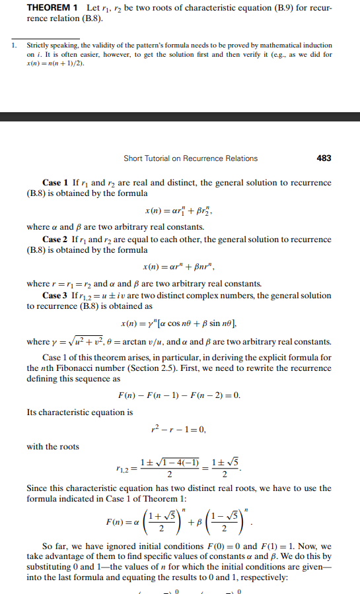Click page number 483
point(324,158)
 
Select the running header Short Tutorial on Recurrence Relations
point(190,158)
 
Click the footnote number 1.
point(13,45)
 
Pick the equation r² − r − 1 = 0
point(179,430)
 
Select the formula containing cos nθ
point(179,323)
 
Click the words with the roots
point(53,447)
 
